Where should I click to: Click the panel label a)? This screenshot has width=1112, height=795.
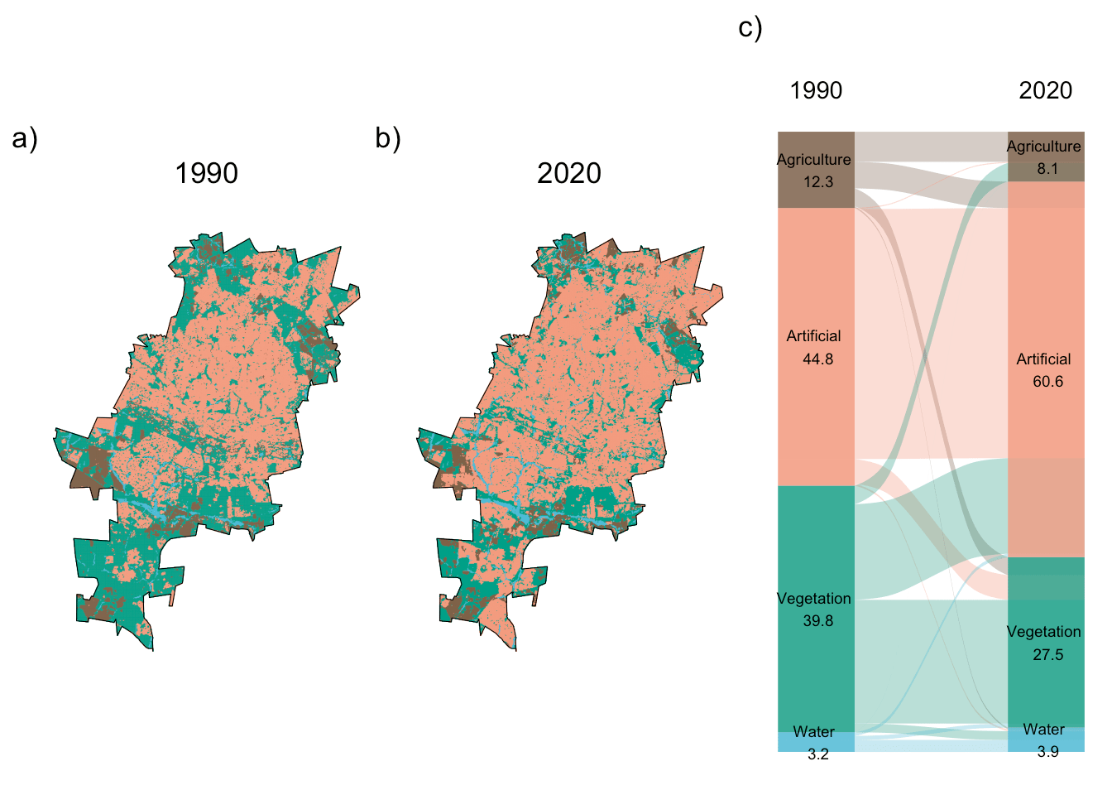(x=25, y=138)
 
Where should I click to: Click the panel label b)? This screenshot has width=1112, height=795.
(x=387, y=138)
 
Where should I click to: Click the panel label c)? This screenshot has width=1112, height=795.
(x=750, y=28)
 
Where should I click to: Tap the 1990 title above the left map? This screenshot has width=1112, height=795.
(x=206, y=173)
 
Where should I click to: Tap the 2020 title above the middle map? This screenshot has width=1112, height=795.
(x=568, y=173)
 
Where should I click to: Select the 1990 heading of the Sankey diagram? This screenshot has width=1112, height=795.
(x=815, y=90)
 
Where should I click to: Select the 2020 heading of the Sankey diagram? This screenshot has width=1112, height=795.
(x=1045, y=90)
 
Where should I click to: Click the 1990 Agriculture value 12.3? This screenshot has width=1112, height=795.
(x=817, y=182)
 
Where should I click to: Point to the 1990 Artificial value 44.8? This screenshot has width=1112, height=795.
(x=817, y=359)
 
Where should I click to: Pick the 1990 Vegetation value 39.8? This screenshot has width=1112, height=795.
(x=817, y=621)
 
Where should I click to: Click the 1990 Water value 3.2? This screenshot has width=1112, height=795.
(x=817, y=754)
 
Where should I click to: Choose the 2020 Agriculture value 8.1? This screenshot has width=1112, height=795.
(x=1047, y=169)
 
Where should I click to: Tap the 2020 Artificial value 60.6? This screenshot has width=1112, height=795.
(x=1047, y=382)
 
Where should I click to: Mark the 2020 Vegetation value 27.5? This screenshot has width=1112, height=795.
(x=1047, y=654)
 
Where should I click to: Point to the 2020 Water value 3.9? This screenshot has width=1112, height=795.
(x=1047, y=752)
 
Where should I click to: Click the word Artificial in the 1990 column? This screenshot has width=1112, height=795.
(x=813, y=336)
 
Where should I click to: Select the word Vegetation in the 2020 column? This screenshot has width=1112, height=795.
(x=1043, y=632)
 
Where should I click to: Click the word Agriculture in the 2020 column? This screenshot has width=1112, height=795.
(x=1043, y=147)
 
